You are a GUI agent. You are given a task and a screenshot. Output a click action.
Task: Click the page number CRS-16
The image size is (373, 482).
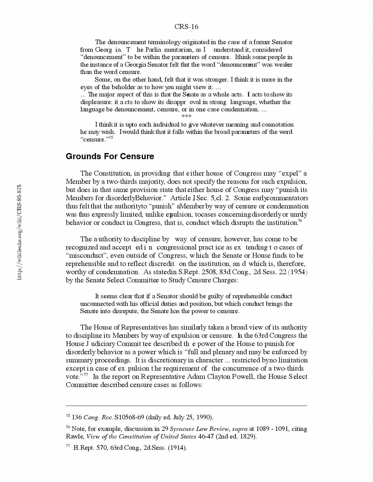click(186, 27)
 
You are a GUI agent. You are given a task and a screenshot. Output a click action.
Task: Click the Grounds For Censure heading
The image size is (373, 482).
click(110, 156)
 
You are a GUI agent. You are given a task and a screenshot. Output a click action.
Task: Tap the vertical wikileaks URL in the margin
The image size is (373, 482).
click(20, 232)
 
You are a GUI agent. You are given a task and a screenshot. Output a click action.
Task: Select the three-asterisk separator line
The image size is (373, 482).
click(186, 117)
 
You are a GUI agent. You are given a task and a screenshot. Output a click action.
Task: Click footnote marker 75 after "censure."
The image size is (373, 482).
click(111, 138)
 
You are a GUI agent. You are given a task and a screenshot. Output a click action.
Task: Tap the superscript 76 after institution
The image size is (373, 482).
click(300, 221)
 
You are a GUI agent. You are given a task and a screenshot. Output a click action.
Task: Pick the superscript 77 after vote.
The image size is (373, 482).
click(86, 375)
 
